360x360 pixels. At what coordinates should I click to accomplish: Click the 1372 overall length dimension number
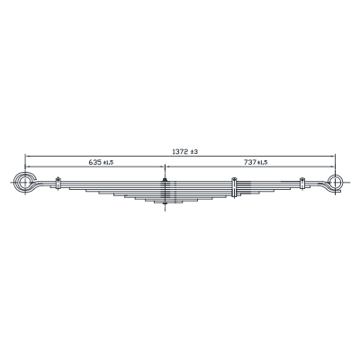tap(180, 152)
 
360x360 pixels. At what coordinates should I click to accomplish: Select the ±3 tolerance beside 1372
tap(194, 152)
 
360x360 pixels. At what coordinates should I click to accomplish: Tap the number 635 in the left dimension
tap(95, 162)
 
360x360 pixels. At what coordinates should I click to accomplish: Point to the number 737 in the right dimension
tap(250, 162)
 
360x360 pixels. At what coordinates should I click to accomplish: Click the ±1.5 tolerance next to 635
tap(108, 163)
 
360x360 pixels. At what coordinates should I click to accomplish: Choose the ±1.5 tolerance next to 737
tap(262, 163)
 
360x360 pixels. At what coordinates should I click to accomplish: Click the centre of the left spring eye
tap(25, 182)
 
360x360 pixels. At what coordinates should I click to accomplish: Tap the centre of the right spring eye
tap(335, 182)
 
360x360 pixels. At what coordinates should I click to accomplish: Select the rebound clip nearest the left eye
tap(58, 184)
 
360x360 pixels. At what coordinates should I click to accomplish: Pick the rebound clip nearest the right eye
tap(302, 184)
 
